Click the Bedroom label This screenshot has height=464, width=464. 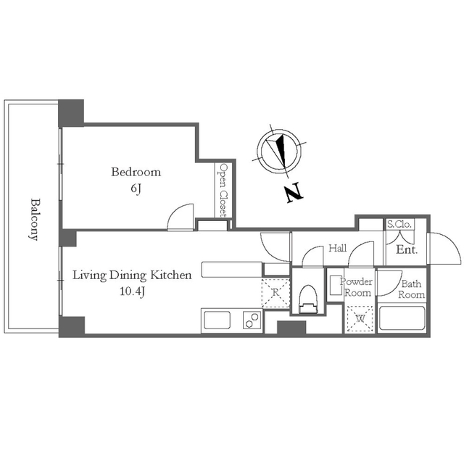tap(136, 172)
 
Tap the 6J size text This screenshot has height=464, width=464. tap(136, 188)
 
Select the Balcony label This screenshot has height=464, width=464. tap(35, 220)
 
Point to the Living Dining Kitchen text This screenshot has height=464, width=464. tap(132, 275)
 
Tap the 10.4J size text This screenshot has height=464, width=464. tap(132, 291)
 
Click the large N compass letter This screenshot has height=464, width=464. tap(294, 192)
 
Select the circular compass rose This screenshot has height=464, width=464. tap(280, 152)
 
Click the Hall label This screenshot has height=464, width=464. tap(338, 248)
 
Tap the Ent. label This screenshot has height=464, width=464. tap(407, 250)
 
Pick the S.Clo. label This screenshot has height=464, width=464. tap(399, 224)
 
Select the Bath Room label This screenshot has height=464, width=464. tap(411, 289)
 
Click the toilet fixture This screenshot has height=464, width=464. tap(308, 299)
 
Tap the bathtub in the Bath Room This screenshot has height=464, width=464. tap(402, 318)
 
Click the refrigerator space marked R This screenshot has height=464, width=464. tap(275, 293)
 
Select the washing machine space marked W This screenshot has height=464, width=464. tap(360, 319)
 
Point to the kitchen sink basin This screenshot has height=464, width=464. tap(217, 320)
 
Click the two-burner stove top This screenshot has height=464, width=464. tap(252, 320)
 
